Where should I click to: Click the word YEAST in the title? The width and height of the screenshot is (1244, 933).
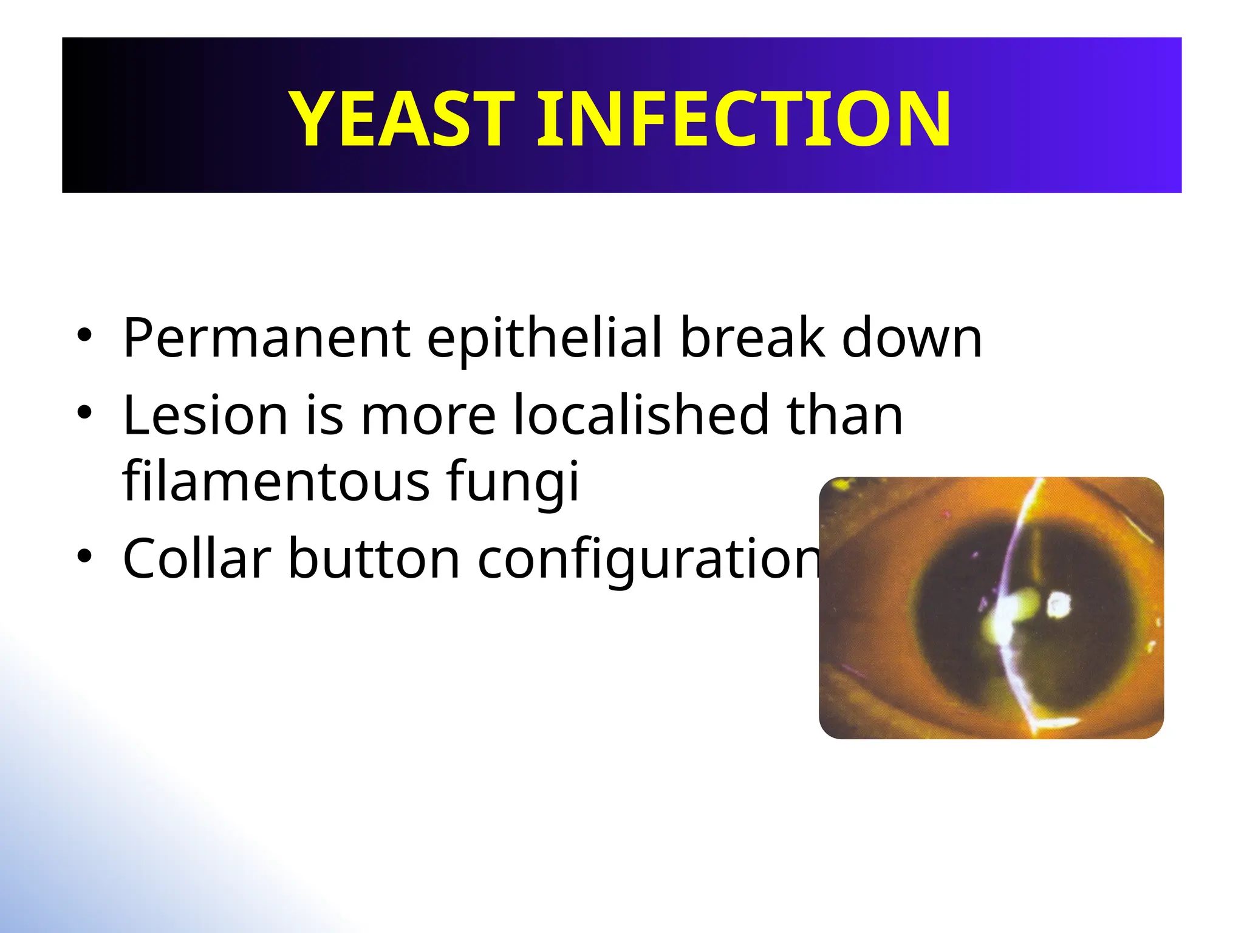click(402, 118)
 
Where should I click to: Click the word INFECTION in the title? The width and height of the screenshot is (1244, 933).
click(743, 118)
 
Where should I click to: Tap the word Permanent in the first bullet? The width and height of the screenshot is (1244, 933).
click(267, 338)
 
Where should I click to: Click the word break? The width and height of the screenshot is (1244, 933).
click(753, 338)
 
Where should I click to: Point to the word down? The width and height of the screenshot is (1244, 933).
click(911, 338)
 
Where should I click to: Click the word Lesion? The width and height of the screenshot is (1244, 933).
click(205, 415)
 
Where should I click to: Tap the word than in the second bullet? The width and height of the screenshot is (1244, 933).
click(844, 415)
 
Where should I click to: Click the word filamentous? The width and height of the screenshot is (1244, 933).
click(276, 481)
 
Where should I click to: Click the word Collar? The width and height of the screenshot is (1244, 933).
click(197, 559)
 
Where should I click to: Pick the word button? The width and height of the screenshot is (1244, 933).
click(374, 559)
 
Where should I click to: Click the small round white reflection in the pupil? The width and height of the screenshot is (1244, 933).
click(1059, 605)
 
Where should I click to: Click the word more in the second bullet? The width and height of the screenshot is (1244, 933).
click(428, 417)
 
